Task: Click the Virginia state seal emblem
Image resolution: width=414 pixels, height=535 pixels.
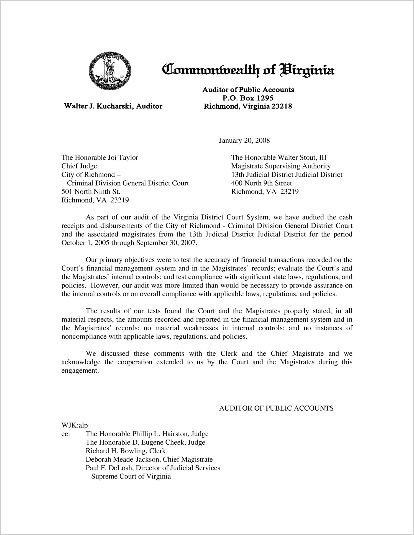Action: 110,71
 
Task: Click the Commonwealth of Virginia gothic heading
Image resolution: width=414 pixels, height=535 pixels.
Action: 248,70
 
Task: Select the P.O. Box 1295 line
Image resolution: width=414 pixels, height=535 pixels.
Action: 248,98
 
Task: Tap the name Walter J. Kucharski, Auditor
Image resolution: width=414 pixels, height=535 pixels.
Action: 113,106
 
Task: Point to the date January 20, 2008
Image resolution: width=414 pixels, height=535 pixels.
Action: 244,140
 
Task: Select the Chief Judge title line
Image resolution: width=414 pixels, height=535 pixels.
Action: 79,166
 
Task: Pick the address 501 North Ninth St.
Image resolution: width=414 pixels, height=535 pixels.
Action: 91,192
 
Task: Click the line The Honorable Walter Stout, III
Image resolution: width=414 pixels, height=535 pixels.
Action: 279,158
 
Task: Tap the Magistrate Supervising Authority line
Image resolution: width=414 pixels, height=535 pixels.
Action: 281,166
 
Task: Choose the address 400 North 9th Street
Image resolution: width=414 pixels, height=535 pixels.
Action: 262,183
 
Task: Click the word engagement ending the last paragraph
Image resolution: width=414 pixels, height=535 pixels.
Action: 80,371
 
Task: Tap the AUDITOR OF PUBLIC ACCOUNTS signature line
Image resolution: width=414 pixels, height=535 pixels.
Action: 276,408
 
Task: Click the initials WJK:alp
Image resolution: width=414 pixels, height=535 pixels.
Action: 75,426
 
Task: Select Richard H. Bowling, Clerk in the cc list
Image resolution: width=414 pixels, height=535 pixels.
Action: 126,451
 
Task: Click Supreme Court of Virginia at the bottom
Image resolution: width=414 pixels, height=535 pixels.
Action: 131,477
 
